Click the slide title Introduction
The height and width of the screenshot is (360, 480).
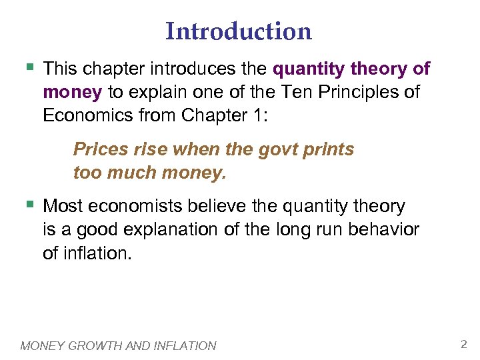239,31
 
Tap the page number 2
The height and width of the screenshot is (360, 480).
463,344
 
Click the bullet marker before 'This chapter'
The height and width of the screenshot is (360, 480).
27,67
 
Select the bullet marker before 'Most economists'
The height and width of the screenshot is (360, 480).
27,204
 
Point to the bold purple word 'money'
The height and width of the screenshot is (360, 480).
71,92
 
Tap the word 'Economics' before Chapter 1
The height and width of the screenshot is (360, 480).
87,115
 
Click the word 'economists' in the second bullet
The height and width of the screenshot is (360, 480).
135,206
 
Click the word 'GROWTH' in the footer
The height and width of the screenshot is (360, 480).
96,345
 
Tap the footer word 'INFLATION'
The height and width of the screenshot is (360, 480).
185,345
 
